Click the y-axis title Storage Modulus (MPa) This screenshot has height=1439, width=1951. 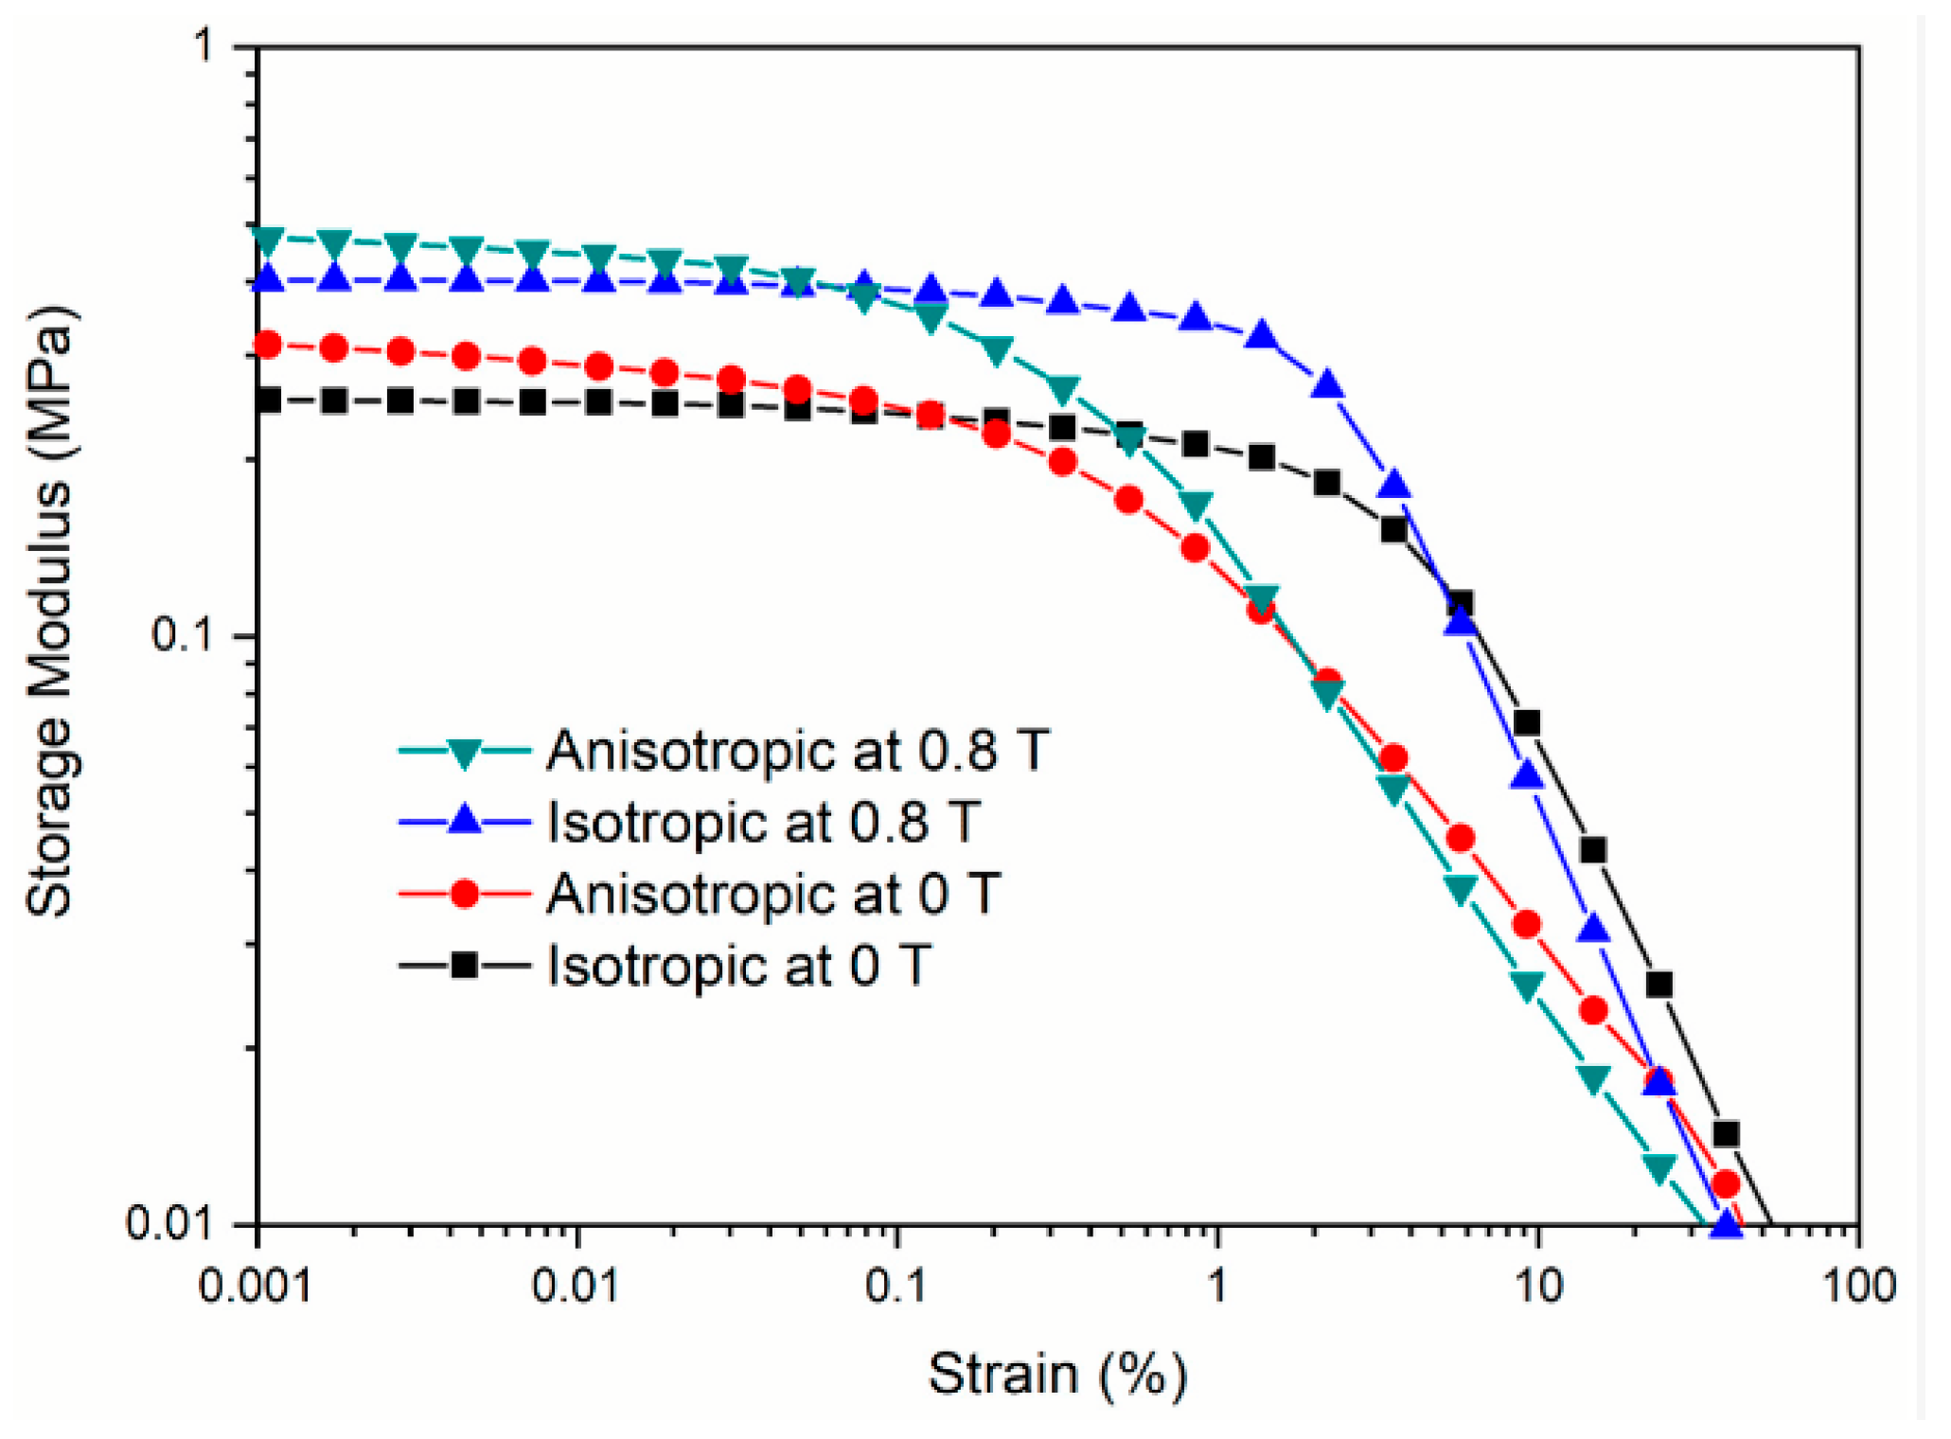pyautogui.click(x=49, y=613)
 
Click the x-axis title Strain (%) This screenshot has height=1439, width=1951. pyautogui.click(x=1056, y=1374)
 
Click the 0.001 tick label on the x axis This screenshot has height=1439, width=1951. pyautogui.click(x=256, y=1287)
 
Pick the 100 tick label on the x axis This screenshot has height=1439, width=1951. pyautogui.click(x=1857, y=1287)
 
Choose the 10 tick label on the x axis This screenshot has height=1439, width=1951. pyautogui.click(x=1537, y=1287)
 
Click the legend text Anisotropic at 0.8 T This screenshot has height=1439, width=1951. pyautogui.click(x=797, y=751)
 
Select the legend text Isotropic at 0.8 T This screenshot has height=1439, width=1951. pyautogui.click(x=763, y=822)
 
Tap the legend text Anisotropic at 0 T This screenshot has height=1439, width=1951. pyautogui.click(x=773, y=893)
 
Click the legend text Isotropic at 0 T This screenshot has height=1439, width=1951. pyautogui.click(x=739, y=966)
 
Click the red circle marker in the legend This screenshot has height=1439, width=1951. pyautogui.click(x=464, y=893)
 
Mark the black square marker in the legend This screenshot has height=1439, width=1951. pyautogui.click(x=464, y=966)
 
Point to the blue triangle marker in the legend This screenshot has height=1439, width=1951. pyautogui.click(x=464, y=820)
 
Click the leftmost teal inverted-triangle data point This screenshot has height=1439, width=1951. pyautogui.click(x=268, y=240)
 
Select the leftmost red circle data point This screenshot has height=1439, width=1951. pyautogui.click(x=268, y=345)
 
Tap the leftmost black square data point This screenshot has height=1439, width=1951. pyautogui.click(x=268, y=400)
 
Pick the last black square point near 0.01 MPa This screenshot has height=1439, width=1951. pyautogui.click(x=1726, y=1133)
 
